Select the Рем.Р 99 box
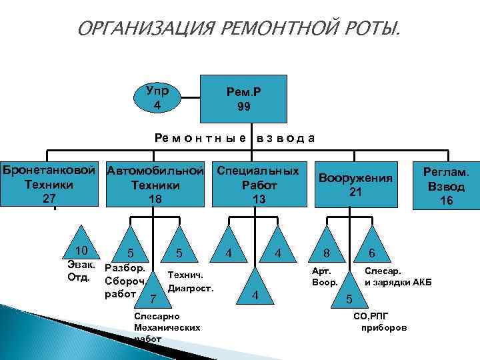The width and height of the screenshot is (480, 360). point(244,99)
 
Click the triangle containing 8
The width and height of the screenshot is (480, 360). point(326,249)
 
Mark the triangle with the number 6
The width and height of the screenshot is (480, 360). point(372,249)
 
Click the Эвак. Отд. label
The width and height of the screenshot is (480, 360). point(80,271)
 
